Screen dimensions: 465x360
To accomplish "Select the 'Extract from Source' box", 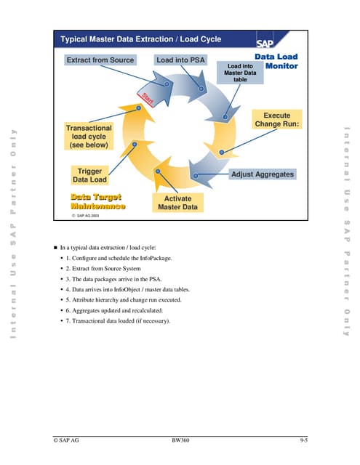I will click(100, 60).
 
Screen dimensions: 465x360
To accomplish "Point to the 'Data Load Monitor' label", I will click(276, 61).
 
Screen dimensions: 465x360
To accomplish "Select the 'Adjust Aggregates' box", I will click(263, 175).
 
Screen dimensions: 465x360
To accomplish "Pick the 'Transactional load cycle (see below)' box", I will click(89, 137).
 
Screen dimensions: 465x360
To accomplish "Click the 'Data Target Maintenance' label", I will click(96, 201).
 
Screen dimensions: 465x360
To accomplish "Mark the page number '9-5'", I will click(303, 440).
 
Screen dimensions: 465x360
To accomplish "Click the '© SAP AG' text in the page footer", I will click(67, 440).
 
